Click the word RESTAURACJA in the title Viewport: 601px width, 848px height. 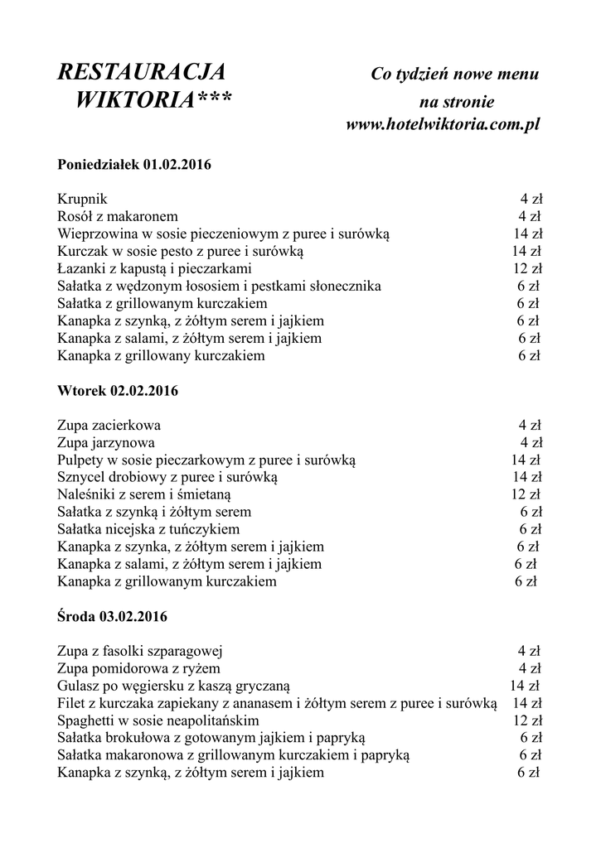(x=141, y=73)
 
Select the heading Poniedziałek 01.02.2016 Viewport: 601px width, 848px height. (x=134, y=164)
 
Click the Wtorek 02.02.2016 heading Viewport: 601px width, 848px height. (x=119, y=390)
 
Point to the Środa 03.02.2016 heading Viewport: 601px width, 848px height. (x=113, y=616)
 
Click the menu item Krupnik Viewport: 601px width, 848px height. (x=82, y=199)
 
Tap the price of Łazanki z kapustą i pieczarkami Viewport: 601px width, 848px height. (x=527, y=268)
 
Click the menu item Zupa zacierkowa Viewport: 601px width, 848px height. (x=109, y=425)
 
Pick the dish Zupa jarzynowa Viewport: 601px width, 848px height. (x=106, y=442)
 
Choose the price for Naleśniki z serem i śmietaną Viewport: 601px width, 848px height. (x=527, y=494)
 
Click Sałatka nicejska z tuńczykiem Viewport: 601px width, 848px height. (x=148, y=529)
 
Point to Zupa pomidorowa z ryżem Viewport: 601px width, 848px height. (x=139, y=668)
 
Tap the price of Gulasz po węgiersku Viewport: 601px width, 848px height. (x=525, y=686)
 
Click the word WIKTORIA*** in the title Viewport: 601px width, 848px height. (x=153, y=101)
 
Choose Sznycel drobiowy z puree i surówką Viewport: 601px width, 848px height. (x=167, y=477)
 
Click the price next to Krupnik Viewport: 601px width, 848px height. (x=531, y=199)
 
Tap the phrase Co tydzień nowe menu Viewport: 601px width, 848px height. (x=455, y=75)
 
